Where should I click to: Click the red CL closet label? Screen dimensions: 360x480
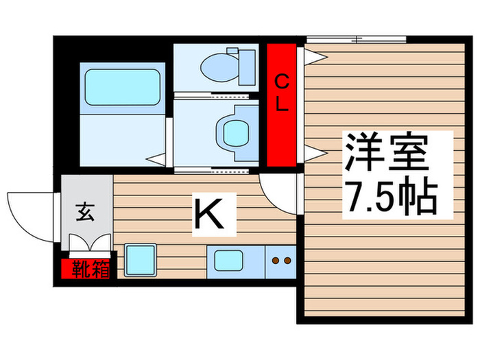281,95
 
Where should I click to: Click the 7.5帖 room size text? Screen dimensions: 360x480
390,197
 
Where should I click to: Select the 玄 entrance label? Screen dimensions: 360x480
85,213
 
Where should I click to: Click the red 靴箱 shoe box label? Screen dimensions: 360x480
87,269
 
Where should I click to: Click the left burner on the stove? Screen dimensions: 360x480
275,261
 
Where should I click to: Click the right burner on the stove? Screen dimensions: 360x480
287,261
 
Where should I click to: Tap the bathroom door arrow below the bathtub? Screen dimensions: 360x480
157,160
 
